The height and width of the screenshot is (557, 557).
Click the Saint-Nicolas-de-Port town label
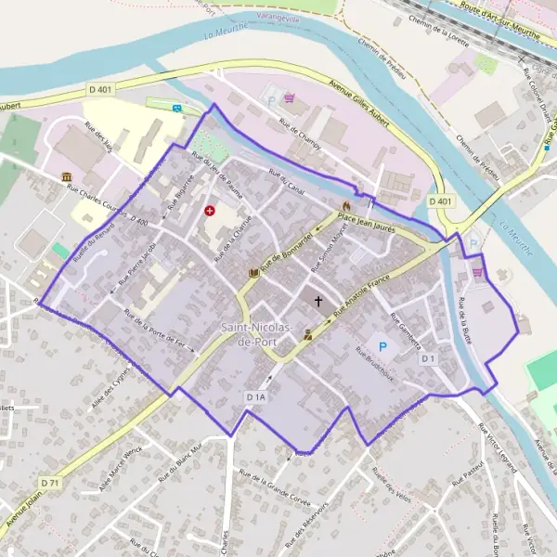coord(257,336)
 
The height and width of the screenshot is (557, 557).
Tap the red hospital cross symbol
coord(210,211)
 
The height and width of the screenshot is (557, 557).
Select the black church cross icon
coord(319,301)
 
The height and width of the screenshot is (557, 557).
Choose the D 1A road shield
coord(257,396)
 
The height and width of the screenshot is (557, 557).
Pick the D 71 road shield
coord(50,484)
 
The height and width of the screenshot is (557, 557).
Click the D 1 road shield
coord(428,358)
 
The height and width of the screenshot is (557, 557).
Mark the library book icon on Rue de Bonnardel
coord(254,273)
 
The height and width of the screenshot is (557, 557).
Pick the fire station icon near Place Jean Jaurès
coord(346,205)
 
